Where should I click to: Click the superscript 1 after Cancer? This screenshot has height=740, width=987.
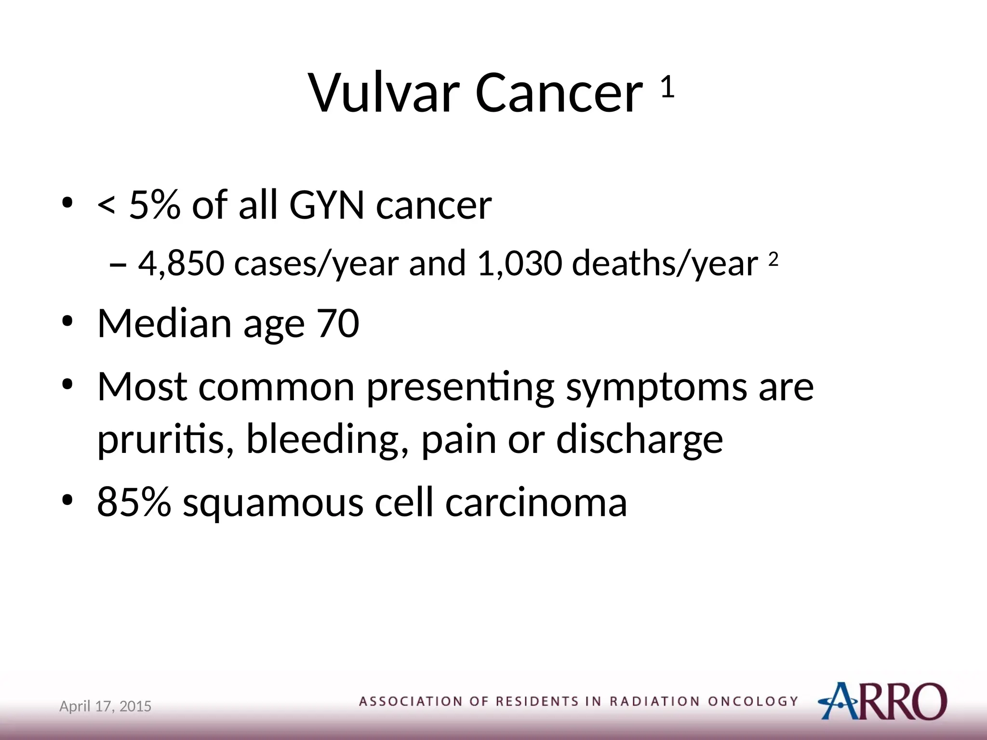(667, 87)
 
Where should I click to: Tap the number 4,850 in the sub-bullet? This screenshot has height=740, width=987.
(181, 264)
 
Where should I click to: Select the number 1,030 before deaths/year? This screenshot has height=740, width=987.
(520, 264)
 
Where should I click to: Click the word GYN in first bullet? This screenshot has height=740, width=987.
(326, 206)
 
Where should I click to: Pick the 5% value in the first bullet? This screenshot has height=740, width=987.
(155, 206)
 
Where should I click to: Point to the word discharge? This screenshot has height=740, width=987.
(640, 439)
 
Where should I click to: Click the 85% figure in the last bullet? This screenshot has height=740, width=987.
(134, 502)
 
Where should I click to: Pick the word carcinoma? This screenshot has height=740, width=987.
(535, 502)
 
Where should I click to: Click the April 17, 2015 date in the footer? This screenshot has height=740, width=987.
(105, 706)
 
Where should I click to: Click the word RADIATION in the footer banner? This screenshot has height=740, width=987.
(654, 701)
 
